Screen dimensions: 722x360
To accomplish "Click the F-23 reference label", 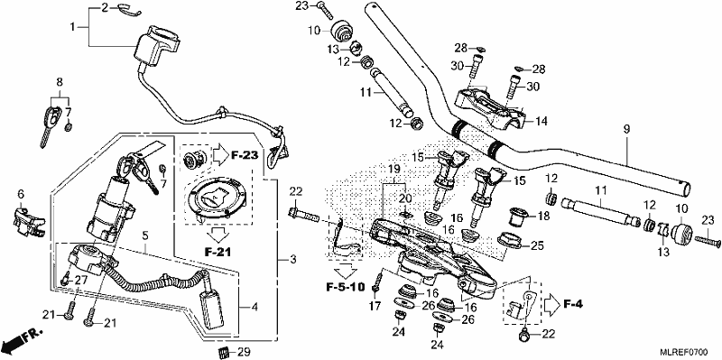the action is click(x=244, y=155).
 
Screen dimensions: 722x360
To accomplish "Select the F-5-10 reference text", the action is click(x=346, y=288).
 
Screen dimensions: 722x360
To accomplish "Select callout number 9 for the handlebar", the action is click(x=625, y=130).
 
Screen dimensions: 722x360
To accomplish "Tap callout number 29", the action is click(x=244, y=353).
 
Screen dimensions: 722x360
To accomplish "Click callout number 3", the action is click(x=293, y=260).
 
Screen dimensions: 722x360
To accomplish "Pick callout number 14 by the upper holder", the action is click(x=542, y=122).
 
